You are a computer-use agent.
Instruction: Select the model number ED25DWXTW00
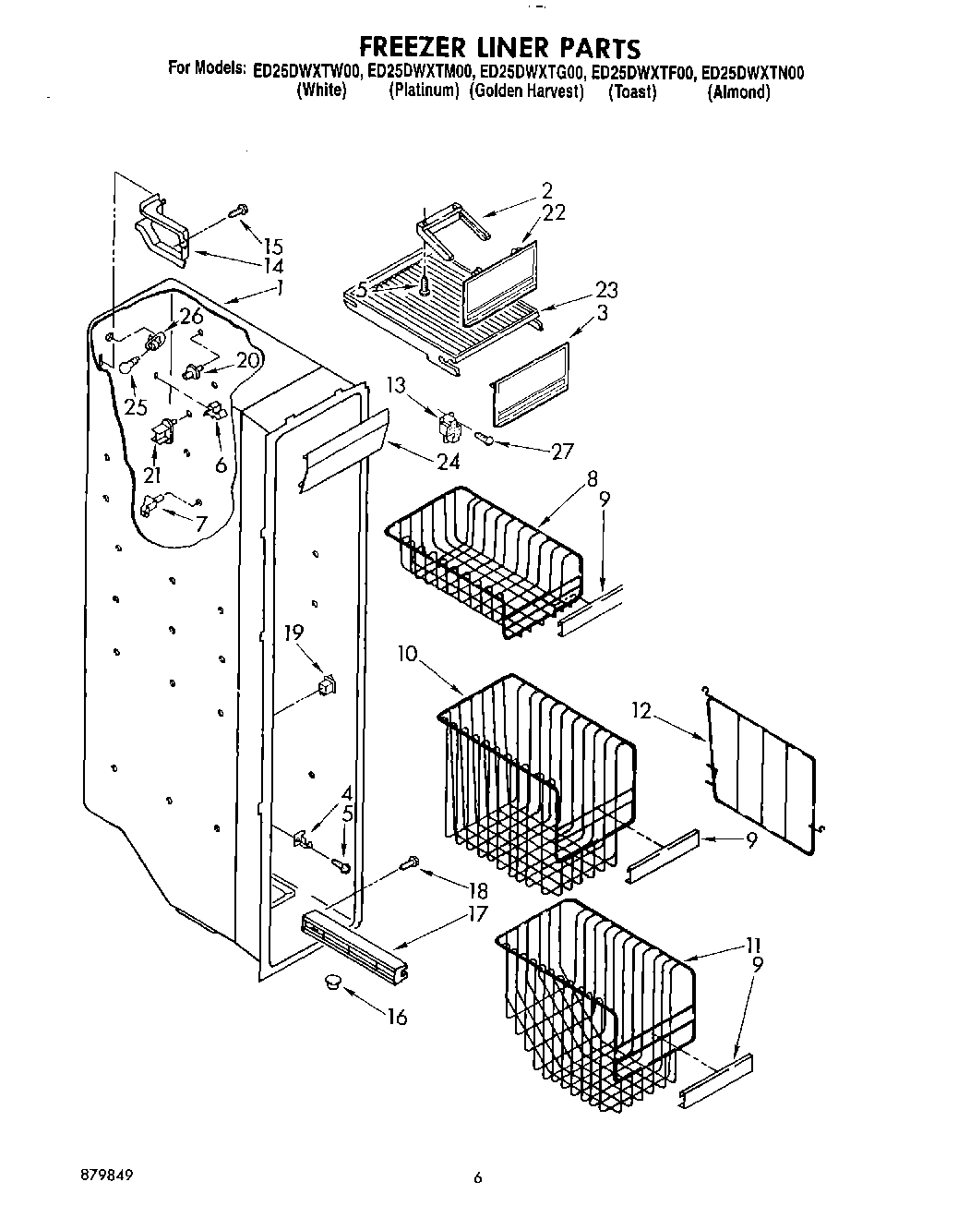pos(307,71)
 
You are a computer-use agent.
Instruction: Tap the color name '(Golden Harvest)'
pos(526,91)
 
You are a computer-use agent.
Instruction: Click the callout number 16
pos(397,1017)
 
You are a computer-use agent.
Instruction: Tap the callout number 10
pos(408,654)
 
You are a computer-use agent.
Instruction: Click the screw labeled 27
pos(485,439)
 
